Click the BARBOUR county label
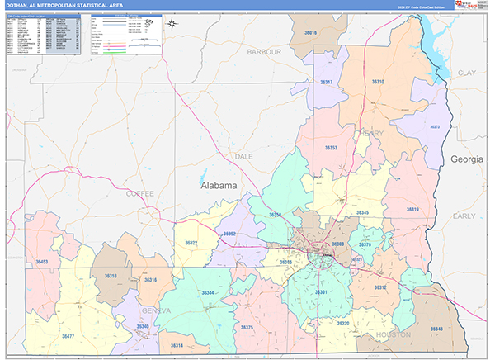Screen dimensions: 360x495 click(264, 51)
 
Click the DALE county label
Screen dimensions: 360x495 click(244, 155)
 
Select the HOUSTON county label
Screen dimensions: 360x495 click(393, 334)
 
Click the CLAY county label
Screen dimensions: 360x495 click(467, 73)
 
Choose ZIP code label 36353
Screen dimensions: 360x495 click(331, 147)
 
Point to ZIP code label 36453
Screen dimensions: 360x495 click(41, 262)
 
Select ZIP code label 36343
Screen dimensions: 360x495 click(436, 329)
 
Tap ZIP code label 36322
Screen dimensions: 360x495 click(191, 243)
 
